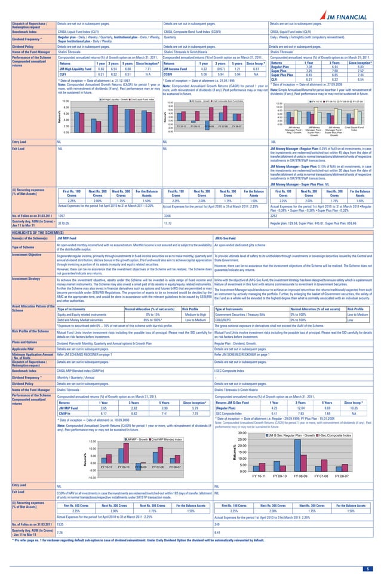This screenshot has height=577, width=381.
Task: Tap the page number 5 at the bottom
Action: (368, 568)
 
